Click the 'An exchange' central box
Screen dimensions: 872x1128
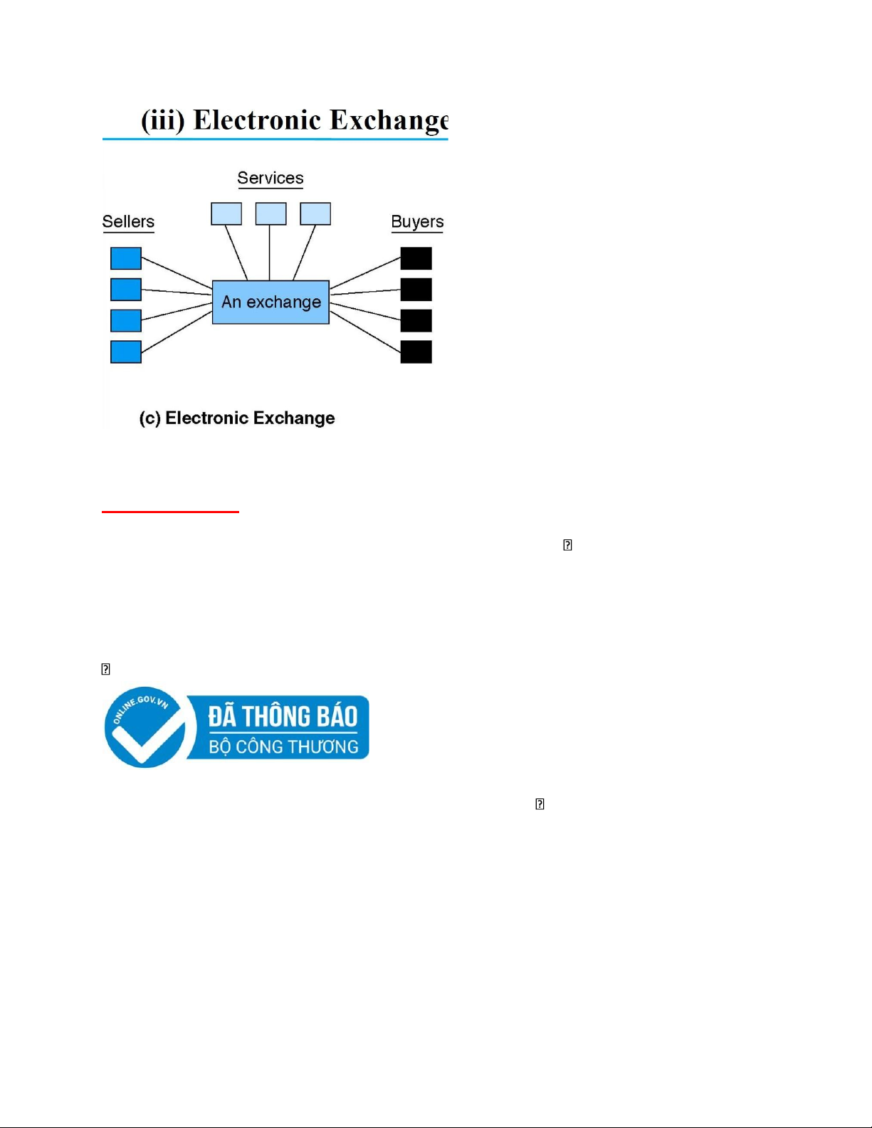point(270,302)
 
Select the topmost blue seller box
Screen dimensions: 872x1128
point(125,258)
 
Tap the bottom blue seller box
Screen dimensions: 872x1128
point(125,352)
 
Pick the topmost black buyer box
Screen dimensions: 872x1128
point(416,258)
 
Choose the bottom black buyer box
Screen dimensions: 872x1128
point(416,352)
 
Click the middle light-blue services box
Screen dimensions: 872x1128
point(270,214)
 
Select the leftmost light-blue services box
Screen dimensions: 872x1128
point(226,214)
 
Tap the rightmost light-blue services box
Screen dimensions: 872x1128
point(315,214)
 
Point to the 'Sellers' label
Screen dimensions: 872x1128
point(128,221)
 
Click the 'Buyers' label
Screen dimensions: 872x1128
point(417,222)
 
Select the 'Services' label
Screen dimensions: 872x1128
point(270,178)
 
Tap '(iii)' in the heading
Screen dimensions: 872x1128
point(162,121)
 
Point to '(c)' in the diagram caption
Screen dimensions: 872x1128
point(150,418)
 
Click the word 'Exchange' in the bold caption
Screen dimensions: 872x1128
point(293,418)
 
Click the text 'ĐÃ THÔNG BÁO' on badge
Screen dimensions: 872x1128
point(283,717)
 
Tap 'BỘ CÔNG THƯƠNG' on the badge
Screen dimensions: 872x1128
point(283,747)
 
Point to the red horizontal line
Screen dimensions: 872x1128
point(170,512)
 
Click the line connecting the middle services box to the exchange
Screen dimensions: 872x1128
point(269,253)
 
